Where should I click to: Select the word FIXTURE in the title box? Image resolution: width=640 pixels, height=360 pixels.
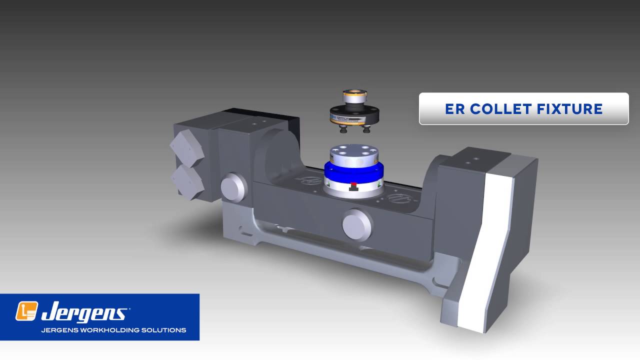coord(572,109)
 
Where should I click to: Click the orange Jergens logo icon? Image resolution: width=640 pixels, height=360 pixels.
coord(26,311)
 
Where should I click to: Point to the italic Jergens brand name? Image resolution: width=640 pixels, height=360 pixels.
coord(83,312)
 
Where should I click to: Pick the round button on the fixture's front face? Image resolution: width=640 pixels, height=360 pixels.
coord(357,223)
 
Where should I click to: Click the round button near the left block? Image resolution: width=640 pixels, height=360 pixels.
coord(233,187)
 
